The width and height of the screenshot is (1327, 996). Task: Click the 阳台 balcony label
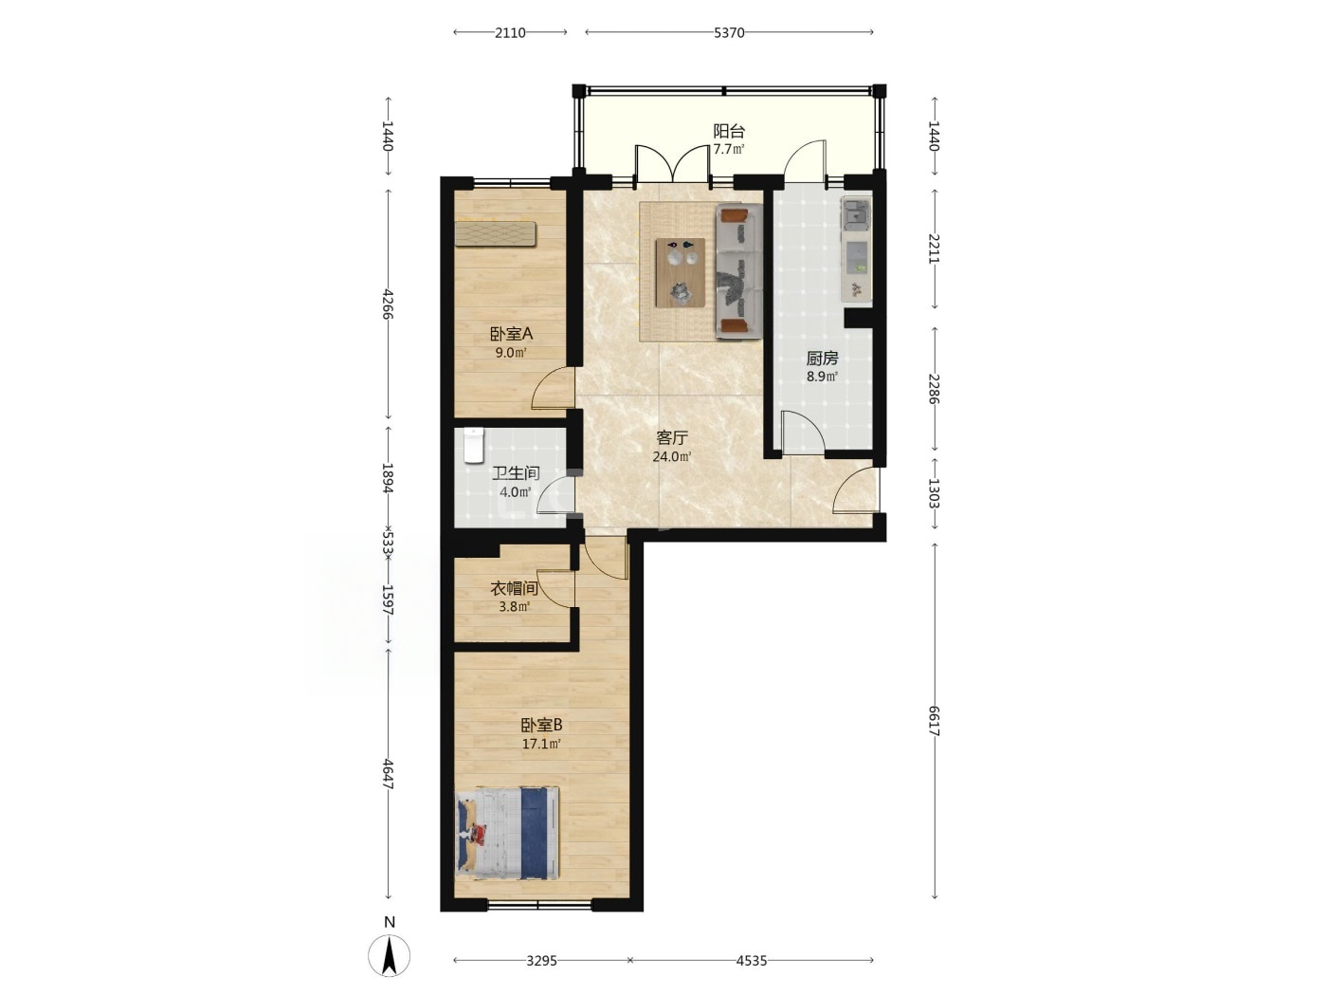[x=729, y=131]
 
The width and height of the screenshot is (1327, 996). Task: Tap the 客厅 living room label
[x=672, y=437]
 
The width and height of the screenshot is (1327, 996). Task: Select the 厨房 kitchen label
[x=822, y=359]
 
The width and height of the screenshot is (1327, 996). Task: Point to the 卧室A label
[x=511, y=334]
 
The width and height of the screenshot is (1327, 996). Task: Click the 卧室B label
[x=541, y=725]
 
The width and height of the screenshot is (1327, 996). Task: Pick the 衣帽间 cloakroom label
[x=514, y=588]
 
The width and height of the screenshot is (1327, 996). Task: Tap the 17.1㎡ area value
[x=541, y=744]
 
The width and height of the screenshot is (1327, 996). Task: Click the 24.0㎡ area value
[x=672, y=456]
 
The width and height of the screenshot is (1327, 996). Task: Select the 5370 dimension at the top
[x=729, y=32]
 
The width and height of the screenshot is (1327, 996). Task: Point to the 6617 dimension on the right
[x=934, y=721]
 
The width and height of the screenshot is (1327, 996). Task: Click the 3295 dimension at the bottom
[x=541, y=960]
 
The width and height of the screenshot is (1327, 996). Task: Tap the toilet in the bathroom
[x=474, y=445]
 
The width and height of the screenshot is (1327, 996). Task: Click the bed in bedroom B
[x=507, y=834]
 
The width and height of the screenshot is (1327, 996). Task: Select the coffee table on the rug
[x=681, y=272]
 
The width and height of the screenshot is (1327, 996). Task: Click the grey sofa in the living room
[x=738, y=271]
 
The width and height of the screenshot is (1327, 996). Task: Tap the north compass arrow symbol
[x=390, y=955]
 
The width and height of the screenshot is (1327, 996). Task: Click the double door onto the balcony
[x=672, y=163]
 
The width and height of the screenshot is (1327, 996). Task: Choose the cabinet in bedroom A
[x=496, y=234]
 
